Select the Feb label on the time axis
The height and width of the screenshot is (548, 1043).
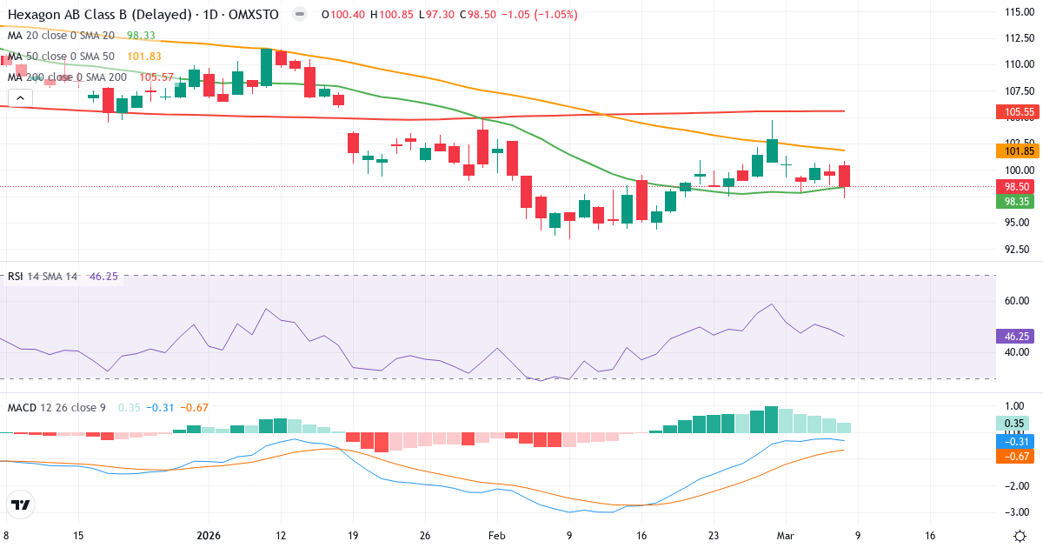496,536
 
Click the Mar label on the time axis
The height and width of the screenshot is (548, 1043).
785,536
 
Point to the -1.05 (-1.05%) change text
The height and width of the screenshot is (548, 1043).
544,15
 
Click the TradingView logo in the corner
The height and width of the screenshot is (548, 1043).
21,505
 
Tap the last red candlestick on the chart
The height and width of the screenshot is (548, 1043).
844,176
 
